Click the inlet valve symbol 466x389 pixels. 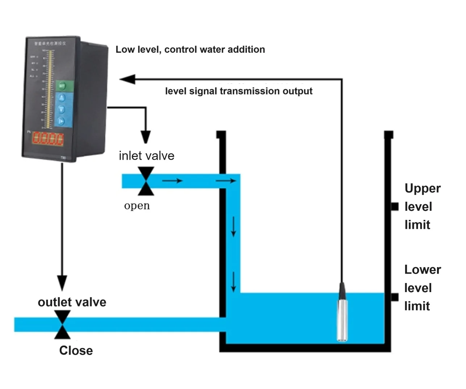146,181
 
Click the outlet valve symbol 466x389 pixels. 62,325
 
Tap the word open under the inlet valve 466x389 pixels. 137,206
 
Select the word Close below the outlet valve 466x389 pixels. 76,350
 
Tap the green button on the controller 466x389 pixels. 62,86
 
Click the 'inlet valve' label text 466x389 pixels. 146,156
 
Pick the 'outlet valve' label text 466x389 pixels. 72,302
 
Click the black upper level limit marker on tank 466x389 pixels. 394,206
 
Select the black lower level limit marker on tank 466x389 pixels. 394,297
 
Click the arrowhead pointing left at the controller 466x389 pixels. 127,79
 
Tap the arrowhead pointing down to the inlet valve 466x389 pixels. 146,137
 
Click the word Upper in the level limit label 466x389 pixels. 423,188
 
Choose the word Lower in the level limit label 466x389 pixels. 423,270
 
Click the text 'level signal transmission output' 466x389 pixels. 239,91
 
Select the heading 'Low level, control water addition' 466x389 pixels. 190,50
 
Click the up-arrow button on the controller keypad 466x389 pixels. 62,98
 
